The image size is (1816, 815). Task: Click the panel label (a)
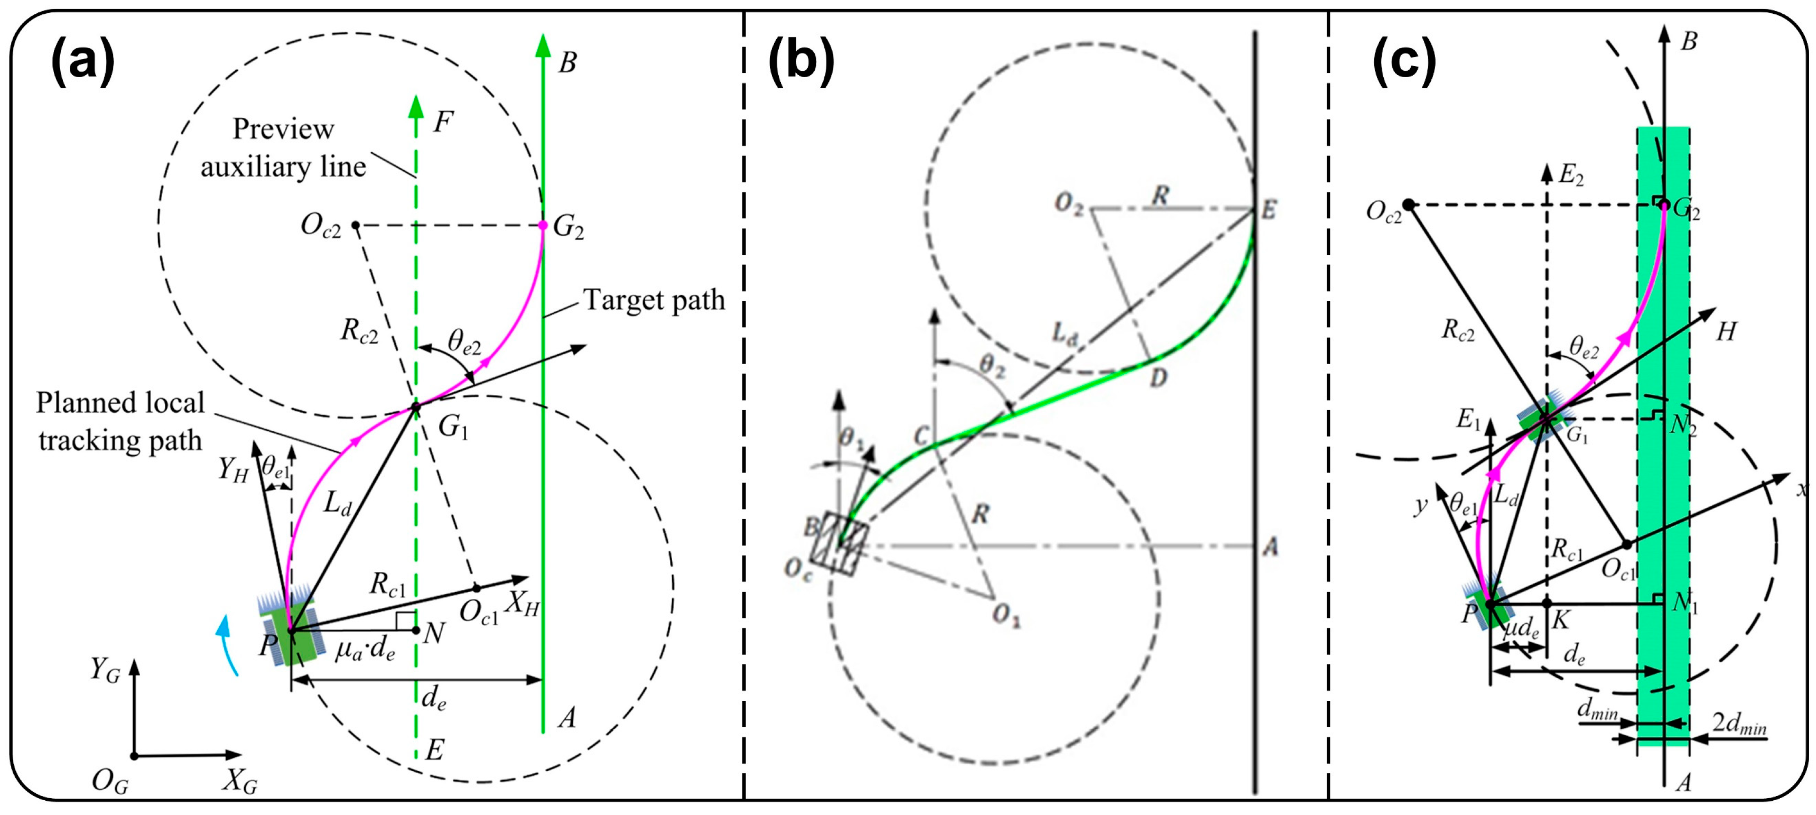(x=83, y=61)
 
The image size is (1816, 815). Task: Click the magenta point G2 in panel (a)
(x=543, y=225)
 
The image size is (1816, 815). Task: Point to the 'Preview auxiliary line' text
(x=283, y=148)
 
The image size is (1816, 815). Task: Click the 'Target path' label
(x=654, y=300)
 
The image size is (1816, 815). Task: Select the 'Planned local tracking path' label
(x=120, y=422)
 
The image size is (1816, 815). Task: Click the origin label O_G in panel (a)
(x=110, y=781)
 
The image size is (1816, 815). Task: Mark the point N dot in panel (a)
(x=416, y=629)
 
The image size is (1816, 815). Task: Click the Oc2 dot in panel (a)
(x=356, y=225)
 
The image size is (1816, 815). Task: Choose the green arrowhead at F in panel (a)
(x=416, y=107)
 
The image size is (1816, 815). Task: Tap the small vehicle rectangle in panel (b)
(x=839, y=543)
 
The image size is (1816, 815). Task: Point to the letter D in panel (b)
(x=1158, y=378)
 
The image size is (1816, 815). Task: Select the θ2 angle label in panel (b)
(x=991, y=365)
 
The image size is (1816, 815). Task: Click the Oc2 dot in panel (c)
(x=1408, y=205)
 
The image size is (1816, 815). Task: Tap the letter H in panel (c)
(x=1726, y=331)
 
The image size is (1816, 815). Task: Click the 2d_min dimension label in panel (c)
(x=1739, y=724)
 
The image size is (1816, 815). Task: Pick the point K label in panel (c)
(x=1560, y=620)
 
